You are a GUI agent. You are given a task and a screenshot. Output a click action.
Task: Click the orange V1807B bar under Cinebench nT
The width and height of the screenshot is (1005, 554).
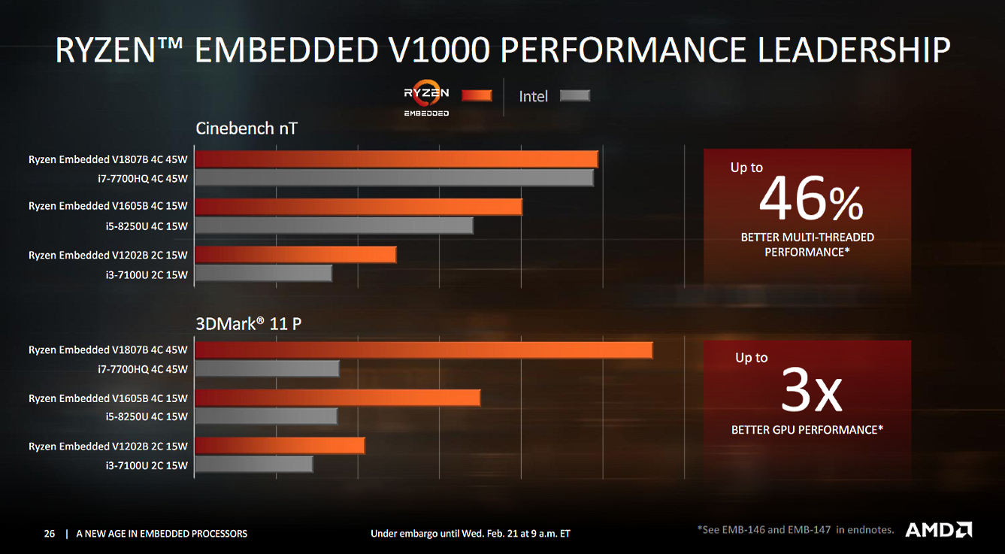pyautogui.click(x=396, y=159)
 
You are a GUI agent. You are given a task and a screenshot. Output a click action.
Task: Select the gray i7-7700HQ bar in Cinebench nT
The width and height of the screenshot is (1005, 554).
pyautogui.click(x=394, y=178)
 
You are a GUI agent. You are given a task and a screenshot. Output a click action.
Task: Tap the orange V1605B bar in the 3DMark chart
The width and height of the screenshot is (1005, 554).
pyautogui.click(x=338, y=398)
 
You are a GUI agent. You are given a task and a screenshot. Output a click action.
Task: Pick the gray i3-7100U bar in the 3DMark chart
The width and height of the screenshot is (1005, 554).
pyautogui.click(x=254, y=465)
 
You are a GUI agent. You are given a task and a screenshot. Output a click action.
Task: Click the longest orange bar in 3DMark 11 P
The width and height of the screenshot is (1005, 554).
pyautogui.click(x=424, y=350)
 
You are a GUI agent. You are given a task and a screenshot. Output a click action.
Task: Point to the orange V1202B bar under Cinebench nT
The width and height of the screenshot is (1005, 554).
pyautogui.click(x=295, y=256)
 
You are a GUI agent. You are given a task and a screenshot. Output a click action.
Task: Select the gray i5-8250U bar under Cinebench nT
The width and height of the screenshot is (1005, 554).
pyautogui.click(x=334, y=226)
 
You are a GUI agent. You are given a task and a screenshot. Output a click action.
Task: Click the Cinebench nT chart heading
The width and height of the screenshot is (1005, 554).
pyautogui.click(x=246, y=128)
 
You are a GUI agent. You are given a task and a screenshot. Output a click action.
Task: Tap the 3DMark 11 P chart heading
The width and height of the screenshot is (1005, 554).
pyautogui.click(x=248, y=324)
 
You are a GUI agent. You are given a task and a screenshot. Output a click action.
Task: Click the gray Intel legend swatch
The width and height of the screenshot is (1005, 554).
pyautogui.click(x=575, y=96)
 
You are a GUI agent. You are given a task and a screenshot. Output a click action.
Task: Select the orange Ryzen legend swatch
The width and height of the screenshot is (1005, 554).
pyautogui.click(x=476, y=95)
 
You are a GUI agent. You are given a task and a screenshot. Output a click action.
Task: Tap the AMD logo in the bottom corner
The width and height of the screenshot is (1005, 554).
pyautogui.click(x=938, y=530)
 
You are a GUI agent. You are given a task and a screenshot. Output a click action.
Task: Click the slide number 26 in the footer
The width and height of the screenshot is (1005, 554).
pyautogui.click(x=49, y=534)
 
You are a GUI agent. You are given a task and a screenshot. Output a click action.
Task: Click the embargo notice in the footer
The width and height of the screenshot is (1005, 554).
pyautogui.click(x=470, y=534)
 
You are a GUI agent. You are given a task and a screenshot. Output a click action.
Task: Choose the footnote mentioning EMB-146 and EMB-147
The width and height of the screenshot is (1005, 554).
pyautogui.click(x=795, y=530)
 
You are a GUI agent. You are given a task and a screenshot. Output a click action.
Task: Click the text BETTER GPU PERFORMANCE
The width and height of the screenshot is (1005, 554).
pyautogui.click(x=807, y=430)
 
